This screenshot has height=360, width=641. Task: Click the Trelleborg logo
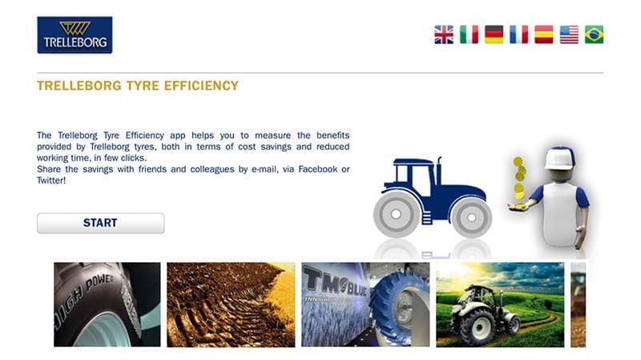[75, 34]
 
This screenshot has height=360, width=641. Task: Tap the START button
[101, 223]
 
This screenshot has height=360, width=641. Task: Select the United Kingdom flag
[444, 34]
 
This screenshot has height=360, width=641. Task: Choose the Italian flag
[469, 34]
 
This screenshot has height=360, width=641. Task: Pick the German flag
[494, 34]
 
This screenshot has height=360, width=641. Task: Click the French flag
[518, 34]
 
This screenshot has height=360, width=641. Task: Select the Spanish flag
[544, 34]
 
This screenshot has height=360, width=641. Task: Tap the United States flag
[569, 34]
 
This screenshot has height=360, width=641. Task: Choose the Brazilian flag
[594, 34]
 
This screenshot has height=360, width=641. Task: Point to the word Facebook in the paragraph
[317, 169]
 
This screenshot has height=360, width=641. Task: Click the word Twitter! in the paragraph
[51, 180]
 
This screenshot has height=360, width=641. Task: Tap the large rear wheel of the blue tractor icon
[396, 213]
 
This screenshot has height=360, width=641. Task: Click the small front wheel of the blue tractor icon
[471, 218]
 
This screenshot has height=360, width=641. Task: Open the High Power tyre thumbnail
[107, 305]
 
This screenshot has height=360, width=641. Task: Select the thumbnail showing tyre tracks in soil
[231, 305]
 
